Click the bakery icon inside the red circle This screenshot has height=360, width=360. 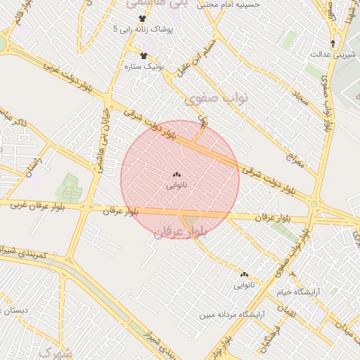[176, 174]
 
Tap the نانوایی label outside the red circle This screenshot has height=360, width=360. [244, 285]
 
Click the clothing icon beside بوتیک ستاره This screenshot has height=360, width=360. [144, 56]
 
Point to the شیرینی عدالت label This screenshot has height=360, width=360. [331, 53]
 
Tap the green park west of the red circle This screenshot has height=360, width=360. [70, 186]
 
